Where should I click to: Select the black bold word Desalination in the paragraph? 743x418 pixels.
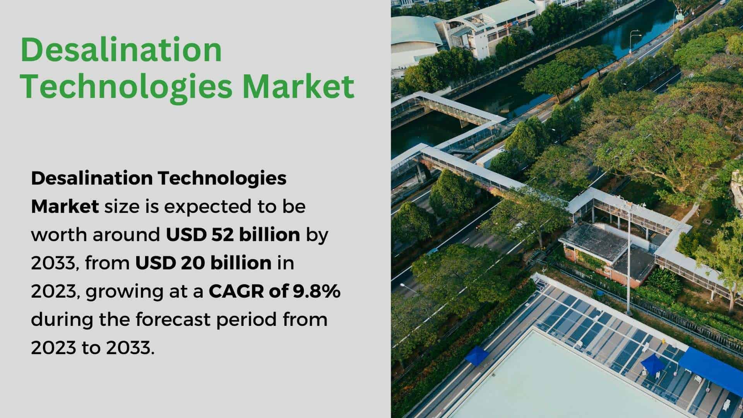(x=92, y=178)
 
